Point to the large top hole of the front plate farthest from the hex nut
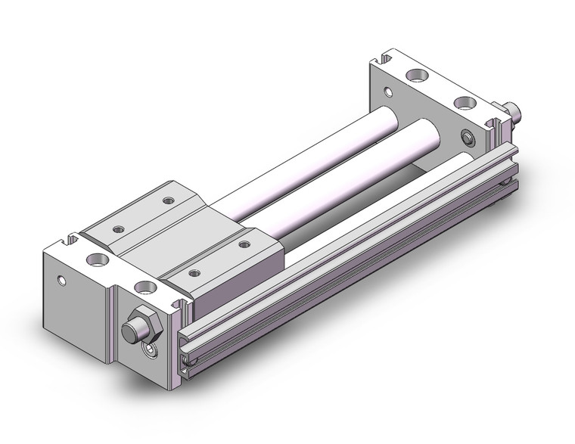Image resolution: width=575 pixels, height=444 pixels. tap(99, 261)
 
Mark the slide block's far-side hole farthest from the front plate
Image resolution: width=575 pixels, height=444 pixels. tap(167, 200)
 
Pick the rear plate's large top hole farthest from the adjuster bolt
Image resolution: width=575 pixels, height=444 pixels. tap(415, 76)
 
